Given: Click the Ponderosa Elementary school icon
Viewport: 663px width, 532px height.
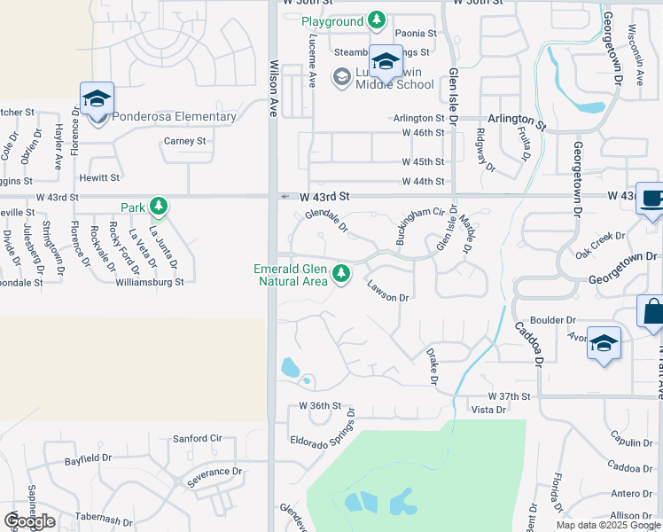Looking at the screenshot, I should (97, 99).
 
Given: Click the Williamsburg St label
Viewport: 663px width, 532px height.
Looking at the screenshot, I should (149, 283).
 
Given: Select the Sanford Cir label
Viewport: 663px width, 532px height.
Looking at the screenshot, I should (197, 438).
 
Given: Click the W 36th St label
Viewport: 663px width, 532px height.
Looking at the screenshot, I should (320, 406).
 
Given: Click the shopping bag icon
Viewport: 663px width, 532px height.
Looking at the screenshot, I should (651, 313).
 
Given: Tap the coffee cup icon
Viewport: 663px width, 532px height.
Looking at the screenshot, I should (652, 199).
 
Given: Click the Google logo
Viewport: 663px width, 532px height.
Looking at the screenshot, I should (29, 521).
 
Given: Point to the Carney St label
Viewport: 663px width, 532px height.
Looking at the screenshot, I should (184, 141).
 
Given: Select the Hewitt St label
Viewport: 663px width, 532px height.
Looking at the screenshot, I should (98, 177).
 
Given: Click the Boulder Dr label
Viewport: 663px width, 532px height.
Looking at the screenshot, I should (553, 320).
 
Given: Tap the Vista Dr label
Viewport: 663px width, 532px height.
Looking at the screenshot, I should (488, 410).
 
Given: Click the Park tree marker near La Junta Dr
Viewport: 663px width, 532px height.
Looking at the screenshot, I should (159, 207).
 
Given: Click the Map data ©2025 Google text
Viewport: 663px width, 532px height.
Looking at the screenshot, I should (608, 525).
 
